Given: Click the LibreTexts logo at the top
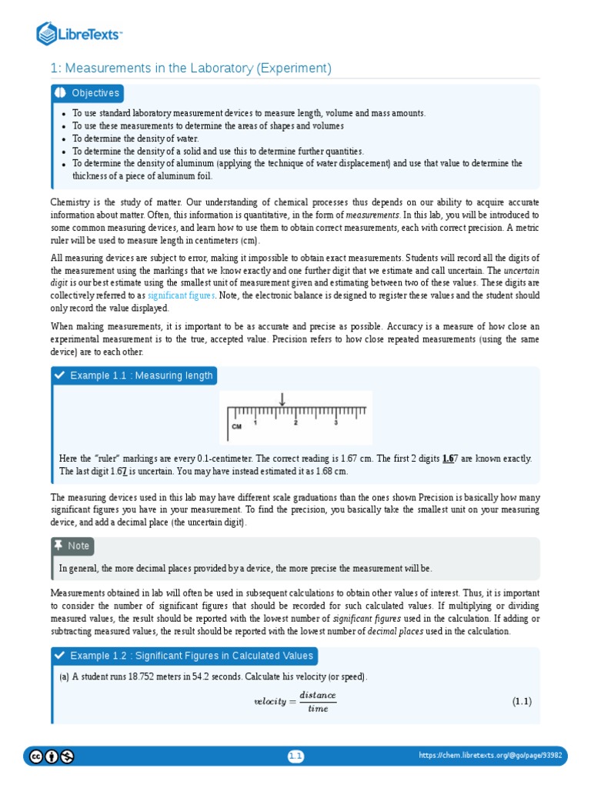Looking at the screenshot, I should point(80,34).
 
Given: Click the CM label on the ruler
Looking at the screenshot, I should point(236,426).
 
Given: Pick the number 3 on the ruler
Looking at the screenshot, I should point(336,422).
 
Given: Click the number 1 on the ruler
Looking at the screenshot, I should point(255,422).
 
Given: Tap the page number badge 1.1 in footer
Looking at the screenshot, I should point(296,756).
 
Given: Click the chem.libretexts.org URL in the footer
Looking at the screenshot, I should point(490,756).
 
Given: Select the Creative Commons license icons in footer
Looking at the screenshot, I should point(52,756).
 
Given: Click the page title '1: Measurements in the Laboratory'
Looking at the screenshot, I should point(191,68).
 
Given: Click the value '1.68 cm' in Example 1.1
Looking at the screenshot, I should point(331,470).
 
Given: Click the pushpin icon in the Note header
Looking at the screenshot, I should point(58,545).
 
